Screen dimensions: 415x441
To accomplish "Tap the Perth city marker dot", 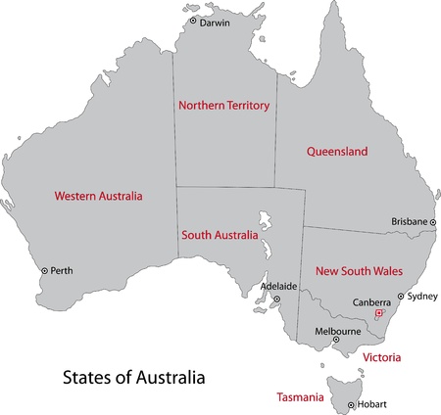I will (44, 270).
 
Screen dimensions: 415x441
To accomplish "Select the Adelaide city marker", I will (276, 300).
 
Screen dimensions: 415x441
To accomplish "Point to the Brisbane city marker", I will (433, 222).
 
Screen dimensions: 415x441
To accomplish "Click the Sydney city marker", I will (400, 296).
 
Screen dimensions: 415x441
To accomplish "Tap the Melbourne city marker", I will (336, 342).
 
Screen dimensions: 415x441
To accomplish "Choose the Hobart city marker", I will (350, 405).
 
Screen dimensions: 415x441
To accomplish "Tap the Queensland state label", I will (337, 153).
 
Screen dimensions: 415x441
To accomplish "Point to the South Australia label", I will (220, 236).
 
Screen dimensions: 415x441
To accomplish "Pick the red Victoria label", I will (382, 358).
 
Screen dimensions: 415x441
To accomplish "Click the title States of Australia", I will (135, 375).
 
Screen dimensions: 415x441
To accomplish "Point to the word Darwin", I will (215, 22).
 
